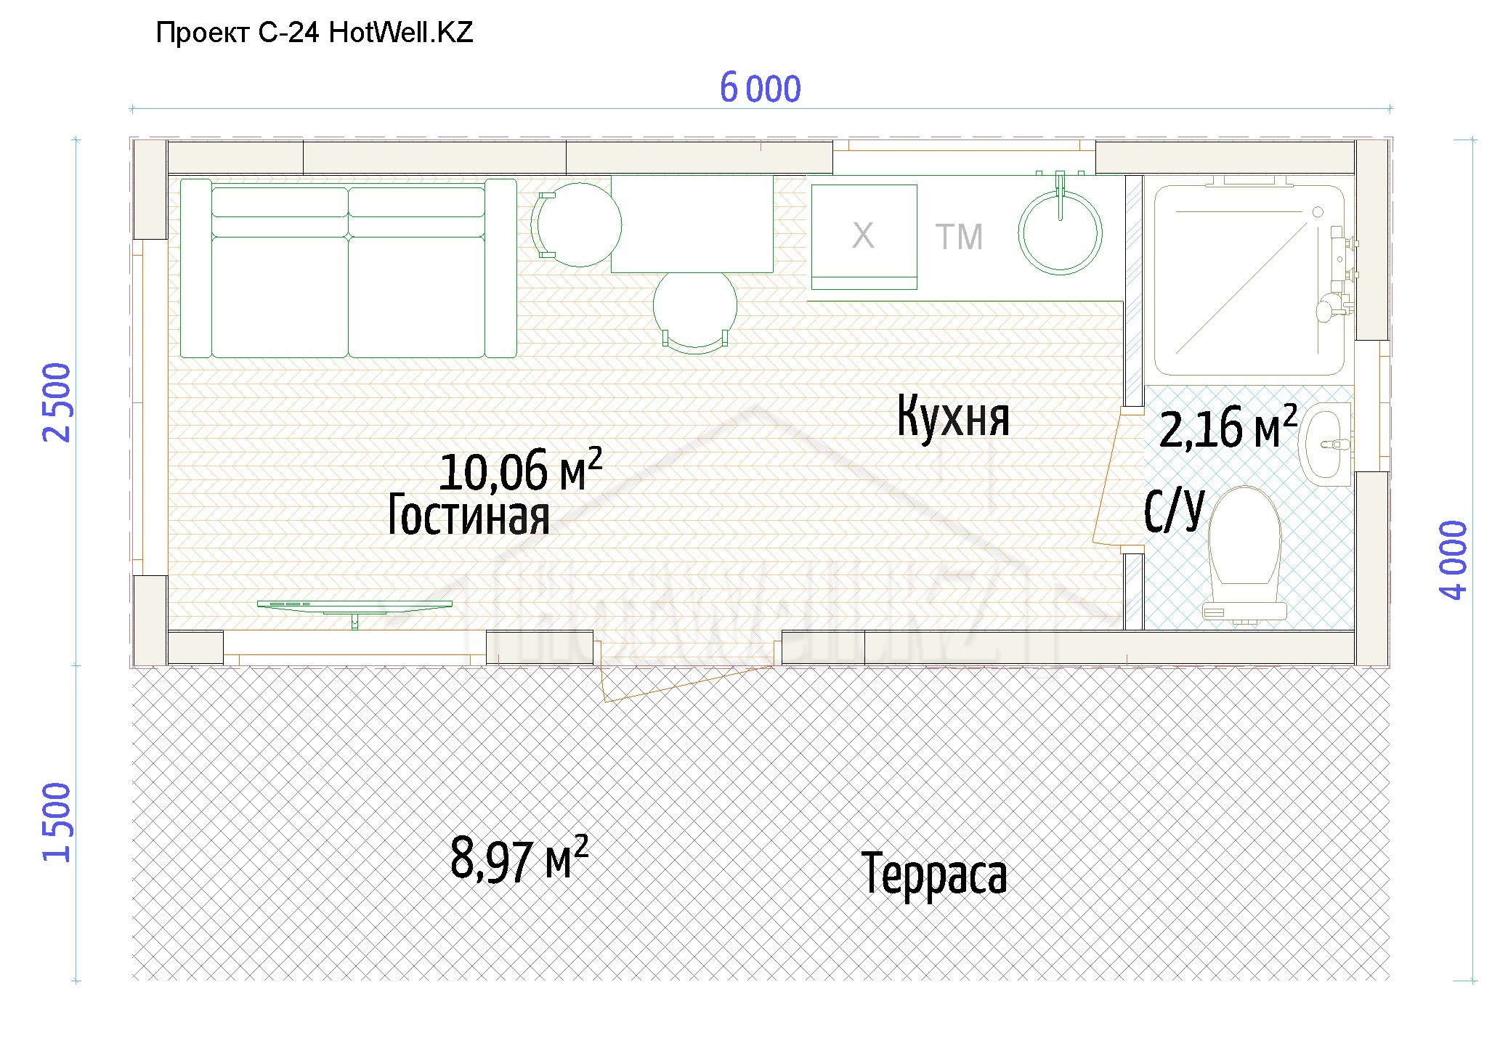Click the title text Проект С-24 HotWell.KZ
315,33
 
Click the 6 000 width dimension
760,89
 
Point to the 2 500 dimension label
57,402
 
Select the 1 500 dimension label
57,822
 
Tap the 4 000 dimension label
1454,560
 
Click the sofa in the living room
348,268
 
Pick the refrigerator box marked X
864,237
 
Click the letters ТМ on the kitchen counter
959,238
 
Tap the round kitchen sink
1060,232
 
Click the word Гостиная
469,514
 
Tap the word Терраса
934,873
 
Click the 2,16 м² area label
1228,427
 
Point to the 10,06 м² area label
521,470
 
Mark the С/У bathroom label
1174,510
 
